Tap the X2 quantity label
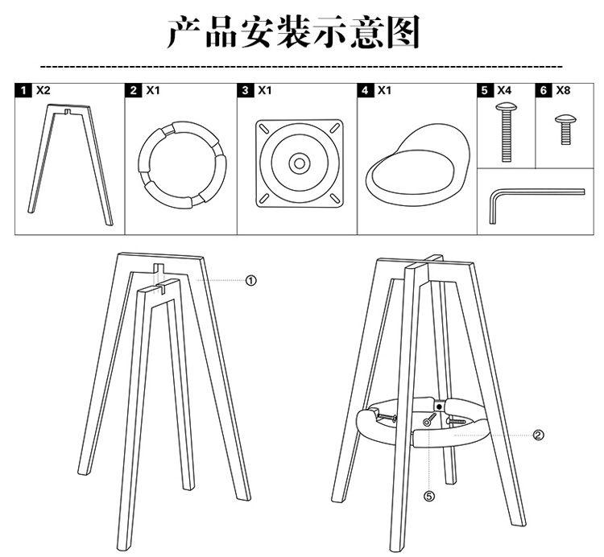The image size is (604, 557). [x=43, y=90]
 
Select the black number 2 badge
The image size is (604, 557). [x=134, y=90]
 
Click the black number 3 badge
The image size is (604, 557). [x=246, y=90]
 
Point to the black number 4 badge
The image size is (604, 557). [x=366, y=90]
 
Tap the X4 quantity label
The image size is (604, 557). [x=505, y=90]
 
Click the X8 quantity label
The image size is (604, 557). [x=563, y=90]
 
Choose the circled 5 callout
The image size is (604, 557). [x=429, y=497]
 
